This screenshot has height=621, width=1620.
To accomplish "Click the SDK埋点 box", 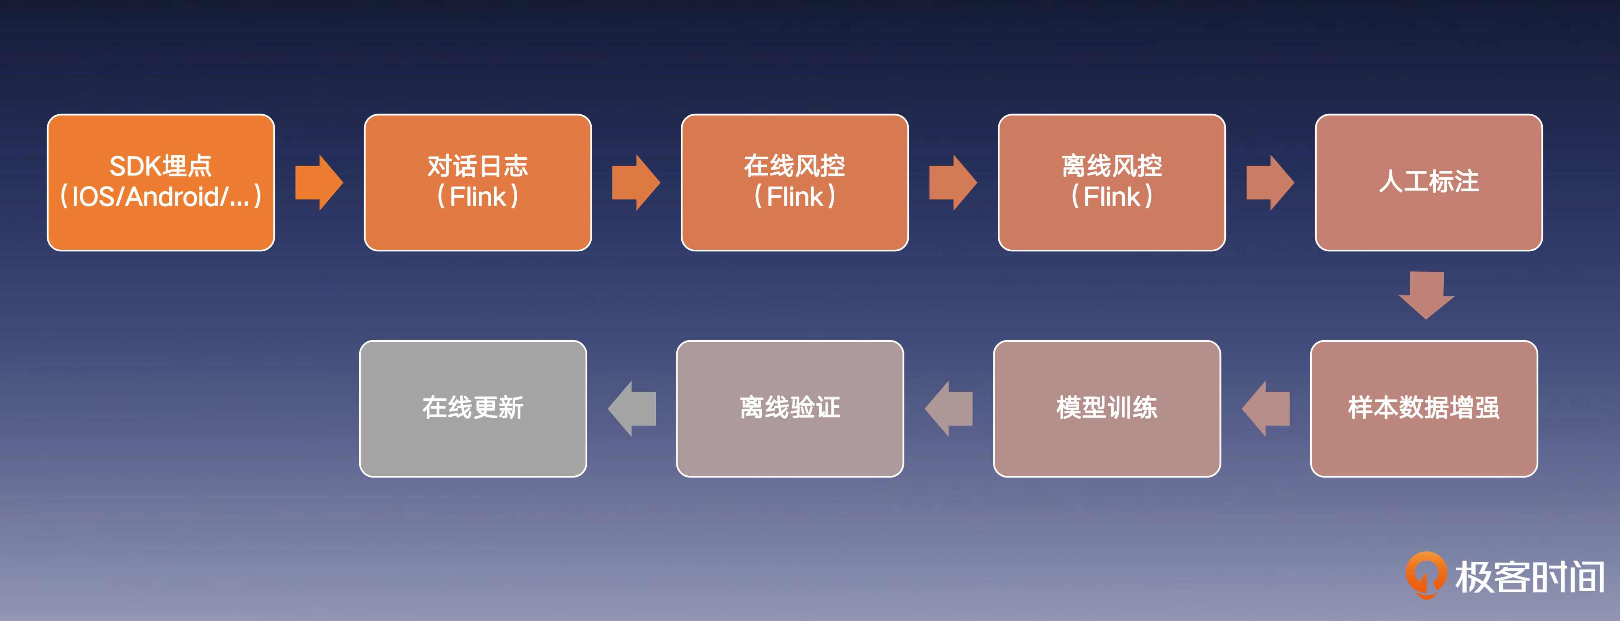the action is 161,182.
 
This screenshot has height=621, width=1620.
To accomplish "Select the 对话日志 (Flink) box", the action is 478,182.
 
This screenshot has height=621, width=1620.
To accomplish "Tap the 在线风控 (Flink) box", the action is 795,182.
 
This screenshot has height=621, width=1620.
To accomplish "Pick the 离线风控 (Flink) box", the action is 1112,182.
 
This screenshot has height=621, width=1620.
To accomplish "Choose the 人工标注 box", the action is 1429,182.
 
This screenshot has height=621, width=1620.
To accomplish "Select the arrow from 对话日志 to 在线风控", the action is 636,182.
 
